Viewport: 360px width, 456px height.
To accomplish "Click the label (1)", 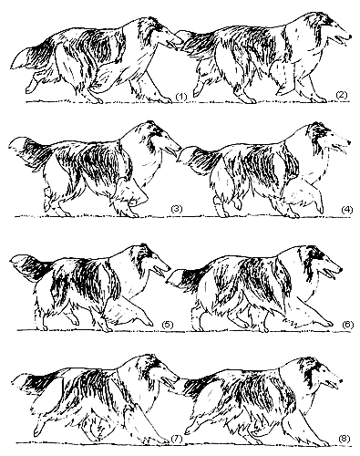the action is (180, 97).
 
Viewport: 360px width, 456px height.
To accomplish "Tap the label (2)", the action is (341, 95).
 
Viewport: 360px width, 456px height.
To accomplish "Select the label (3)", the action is (177, 209).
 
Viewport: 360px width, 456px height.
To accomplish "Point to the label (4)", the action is (347, 210).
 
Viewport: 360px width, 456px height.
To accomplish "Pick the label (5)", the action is (168, 325).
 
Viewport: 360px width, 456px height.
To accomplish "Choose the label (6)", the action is (348, 325).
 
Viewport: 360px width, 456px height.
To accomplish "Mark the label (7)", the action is (177, 439).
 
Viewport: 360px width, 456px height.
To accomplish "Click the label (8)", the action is (345, 439).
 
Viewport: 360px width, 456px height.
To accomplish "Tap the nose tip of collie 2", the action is (350, 36).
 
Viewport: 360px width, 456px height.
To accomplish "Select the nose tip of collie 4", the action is (349, 142).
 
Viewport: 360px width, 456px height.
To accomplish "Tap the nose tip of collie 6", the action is (341, 269).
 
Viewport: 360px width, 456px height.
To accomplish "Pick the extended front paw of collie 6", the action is (327, 324).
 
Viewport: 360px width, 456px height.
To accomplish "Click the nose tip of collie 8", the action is (341, 380).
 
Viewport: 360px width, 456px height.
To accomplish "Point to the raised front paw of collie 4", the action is (320, 208).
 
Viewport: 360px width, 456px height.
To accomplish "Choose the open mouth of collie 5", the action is (159, 272).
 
